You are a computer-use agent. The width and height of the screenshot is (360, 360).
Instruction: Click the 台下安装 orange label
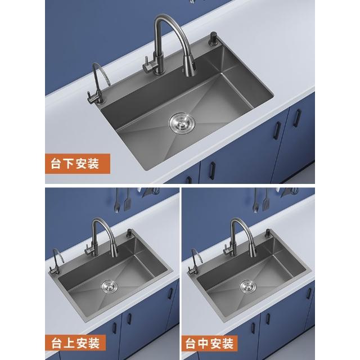tap(78, 164)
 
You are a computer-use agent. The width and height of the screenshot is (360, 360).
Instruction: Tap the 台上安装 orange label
tap(75, 343)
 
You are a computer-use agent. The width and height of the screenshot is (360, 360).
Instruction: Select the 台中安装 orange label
tap(209, 343)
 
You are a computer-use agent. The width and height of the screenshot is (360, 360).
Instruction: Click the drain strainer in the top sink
tap(182, 123)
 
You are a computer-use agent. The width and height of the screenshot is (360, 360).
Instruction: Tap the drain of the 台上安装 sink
tap(109, 286)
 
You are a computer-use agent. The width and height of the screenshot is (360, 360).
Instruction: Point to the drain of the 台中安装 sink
tap(248, 286)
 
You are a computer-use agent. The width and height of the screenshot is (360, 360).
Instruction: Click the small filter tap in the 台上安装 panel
tap(56, 262)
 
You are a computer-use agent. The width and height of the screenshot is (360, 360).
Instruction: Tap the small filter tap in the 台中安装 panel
tap(195, 262)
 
